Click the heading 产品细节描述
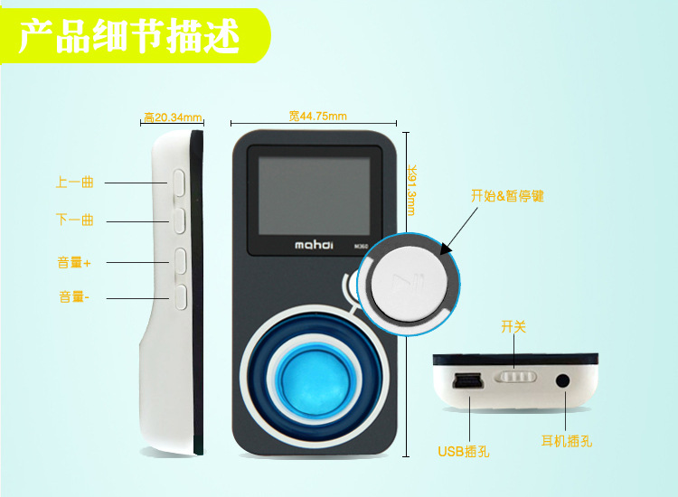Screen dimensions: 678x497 click(129, 36)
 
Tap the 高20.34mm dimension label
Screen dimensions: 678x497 click(173, 117)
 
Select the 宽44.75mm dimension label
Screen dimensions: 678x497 click(318, 116)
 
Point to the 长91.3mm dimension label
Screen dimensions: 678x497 click(411, 190)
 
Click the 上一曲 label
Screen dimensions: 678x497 click(75, 182)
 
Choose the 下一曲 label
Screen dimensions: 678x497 click(75, 220)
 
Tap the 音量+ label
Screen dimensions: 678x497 click(74, 262)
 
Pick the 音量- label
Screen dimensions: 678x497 click(74, 297)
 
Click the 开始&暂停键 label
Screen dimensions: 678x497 click(507, 196)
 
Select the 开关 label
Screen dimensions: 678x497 click(513, 326)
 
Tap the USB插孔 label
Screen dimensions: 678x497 click(464, 452)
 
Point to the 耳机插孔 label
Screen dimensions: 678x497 click(567, 441)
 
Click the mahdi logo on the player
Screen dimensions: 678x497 click(314, 245)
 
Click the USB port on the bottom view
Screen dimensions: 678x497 click(466, 380)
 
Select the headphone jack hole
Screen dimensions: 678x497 click(562, 381)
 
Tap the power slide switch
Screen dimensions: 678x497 click(516, 377)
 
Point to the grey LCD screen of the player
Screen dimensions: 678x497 click(315, 196)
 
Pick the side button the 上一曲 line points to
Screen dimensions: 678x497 click(180, 183)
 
